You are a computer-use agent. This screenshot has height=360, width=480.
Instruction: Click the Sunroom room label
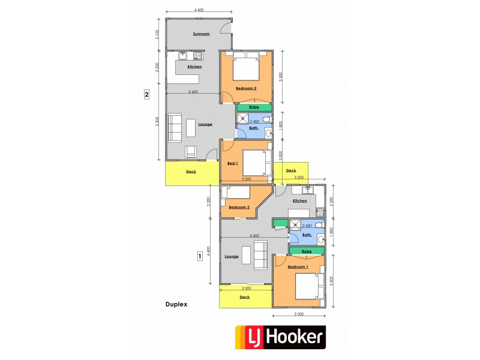[201, 34]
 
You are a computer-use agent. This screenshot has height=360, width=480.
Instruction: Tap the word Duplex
[176, 304]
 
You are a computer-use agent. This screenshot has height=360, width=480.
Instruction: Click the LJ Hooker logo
[280, 338]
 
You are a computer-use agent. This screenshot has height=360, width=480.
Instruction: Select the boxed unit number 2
[146, 94]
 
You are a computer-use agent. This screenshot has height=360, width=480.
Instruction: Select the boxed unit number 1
[199, 256]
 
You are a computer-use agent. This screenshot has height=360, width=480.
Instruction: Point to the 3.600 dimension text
[193, 92]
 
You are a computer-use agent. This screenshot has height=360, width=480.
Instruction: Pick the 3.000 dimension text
[280, 154]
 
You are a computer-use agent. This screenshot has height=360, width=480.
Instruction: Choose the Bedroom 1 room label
[298, 266]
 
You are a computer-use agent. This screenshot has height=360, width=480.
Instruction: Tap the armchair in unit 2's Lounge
[190, 152]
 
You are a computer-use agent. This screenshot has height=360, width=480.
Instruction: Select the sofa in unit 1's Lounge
[262, 255]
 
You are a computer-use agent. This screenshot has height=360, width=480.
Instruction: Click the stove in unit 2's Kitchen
[197, 56]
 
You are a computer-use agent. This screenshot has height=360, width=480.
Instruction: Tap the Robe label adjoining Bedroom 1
[306, 251]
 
